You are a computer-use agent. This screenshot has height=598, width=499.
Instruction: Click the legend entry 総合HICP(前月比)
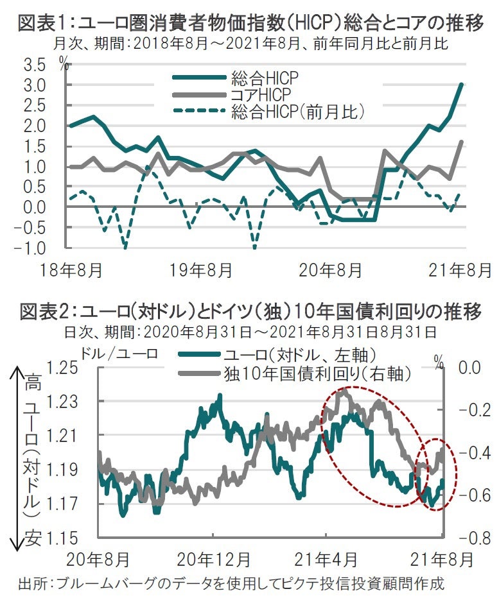click(x=298, y=112)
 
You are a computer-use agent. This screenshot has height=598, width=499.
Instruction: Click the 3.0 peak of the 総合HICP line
click(x=462, y=85)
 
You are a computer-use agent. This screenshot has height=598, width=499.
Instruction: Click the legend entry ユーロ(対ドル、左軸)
click(x=299, y=355)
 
